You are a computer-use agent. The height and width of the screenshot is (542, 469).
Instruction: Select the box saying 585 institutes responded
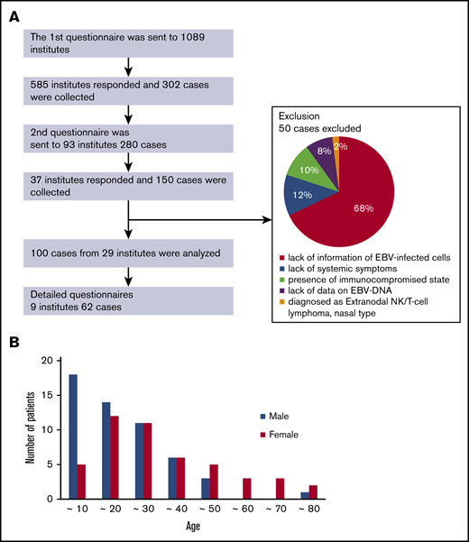pos(129,91)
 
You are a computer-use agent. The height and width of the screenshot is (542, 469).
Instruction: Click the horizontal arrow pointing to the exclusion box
pos(198,216)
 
